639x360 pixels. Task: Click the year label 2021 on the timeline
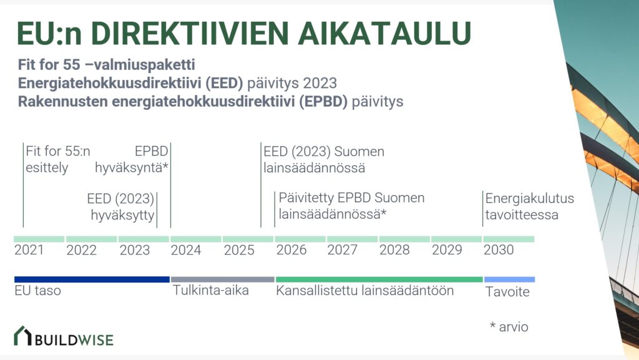[x=29, y=250]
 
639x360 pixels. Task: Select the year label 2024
[x=186, y=250]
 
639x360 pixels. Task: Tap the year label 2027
[x=342, y=250]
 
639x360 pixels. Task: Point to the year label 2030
[x=499, y=250]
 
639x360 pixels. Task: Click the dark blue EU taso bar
[x=92, y=280]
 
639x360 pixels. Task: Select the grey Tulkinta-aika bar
[x=222, y=280]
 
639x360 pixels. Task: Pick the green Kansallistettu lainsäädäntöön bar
[x=379, y=280]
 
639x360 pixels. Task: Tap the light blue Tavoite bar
[x=509, y=280]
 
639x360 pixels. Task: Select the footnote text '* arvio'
[x=509, y=327]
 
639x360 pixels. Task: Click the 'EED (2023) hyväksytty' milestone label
[x=120, y=207]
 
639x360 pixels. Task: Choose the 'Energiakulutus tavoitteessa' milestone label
[x=529, y=207]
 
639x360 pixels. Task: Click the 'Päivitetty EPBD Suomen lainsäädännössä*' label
[x=351, y=207]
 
